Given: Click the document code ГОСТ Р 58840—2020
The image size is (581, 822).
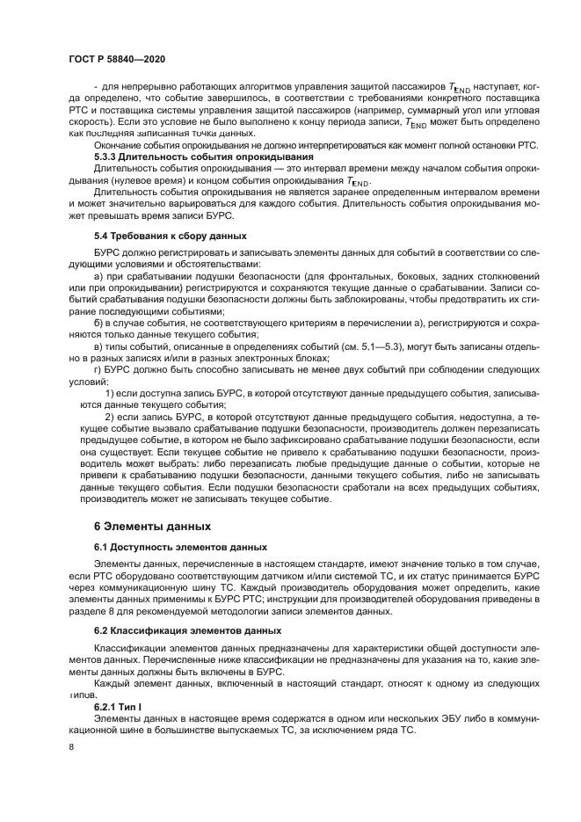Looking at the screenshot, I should (117, 58).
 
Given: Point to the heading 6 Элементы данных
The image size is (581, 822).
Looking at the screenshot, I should (152, 527).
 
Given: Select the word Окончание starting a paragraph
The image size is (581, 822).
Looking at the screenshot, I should (120, 144).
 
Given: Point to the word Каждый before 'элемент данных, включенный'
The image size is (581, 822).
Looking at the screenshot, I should (114, 682).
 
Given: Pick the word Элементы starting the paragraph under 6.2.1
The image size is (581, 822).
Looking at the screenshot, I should (119, 719).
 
